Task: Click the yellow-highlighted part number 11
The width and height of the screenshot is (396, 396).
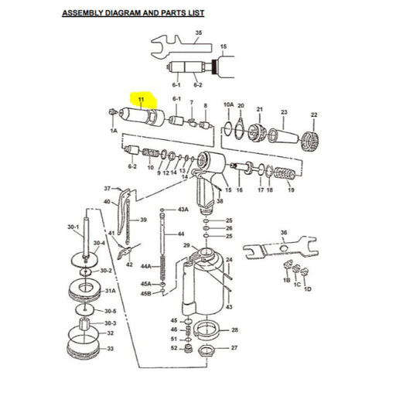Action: click(x=141, y=100)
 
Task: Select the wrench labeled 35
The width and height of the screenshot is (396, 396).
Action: click(x=180, y=47)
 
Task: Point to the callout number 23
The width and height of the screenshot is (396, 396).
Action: click(x=284, y=112)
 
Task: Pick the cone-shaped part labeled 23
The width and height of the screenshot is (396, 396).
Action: click(x=283, y=136)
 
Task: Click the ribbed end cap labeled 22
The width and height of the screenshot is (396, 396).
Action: click(x=310, y=142)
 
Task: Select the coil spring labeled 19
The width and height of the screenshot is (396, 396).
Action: click(x=284, y=173)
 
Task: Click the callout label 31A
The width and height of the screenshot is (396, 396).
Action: click(x=111, y=291)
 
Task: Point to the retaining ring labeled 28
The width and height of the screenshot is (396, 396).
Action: click(x=207, y=329)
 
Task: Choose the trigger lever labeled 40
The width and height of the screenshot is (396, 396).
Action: click(x=123, y=211)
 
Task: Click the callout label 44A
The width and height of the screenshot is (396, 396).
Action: click(x=145, y=266)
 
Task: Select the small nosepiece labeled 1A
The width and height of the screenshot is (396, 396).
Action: click(x=112, y=112)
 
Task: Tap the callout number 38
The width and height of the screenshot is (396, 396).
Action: click(x=220, y=201)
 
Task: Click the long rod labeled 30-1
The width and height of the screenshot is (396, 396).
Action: click(x=86, y=237)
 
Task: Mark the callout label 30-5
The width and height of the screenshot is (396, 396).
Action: click(x=111, y=311)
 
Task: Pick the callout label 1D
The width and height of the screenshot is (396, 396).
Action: click(x=308, y=289)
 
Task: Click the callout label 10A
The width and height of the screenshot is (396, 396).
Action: click(x=228, y=104)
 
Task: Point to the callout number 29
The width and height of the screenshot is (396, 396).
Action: click(x=186, y=245)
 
